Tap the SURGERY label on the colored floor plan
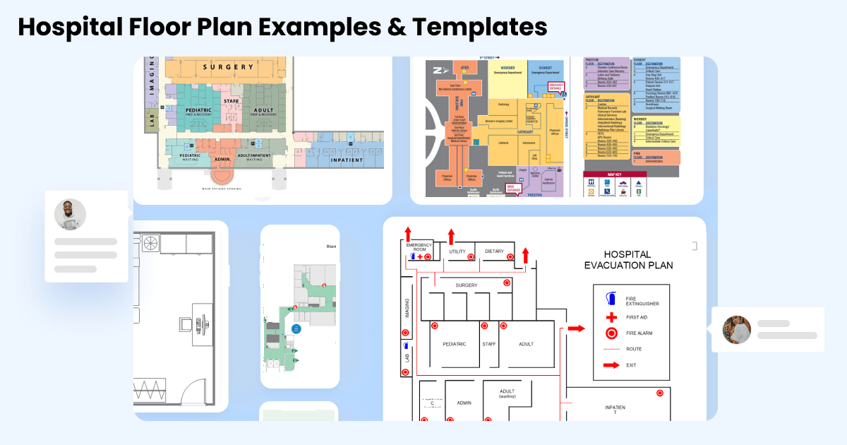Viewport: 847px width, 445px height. (x=228, y=68)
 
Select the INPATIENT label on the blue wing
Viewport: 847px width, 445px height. (x=346, y=160)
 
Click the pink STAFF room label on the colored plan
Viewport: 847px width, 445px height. (x=232, y=102)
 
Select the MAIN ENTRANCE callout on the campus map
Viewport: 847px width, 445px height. (x=514, y=187)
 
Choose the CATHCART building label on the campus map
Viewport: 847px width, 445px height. (x=525, y=112)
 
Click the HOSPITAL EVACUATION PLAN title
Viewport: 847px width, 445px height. (x=627, y=260)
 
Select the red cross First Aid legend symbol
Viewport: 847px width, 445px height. (x=611, y=317)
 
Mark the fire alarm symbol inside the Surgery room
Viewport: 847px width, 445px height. (x=507, y=283)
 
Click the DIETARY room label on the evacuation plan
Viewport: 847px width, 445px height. (x=495, y=251)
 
